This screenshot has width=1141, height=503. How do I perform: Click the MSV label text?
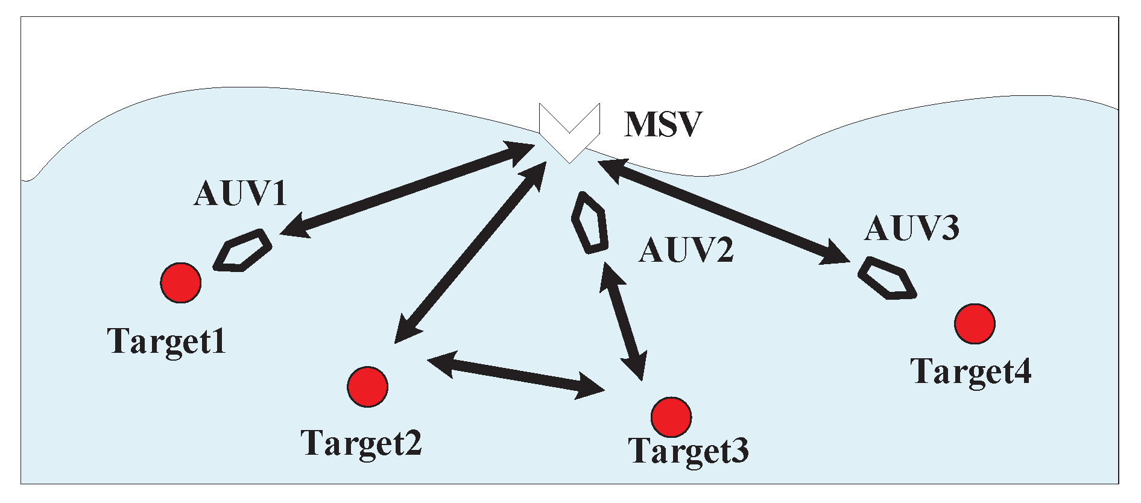663,124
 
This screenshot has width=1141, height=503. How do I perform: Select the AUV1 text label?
240,194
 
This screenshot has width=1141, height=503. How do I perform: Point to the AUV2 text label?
686,250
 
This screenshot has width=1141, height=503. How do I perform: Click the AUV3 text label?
911,228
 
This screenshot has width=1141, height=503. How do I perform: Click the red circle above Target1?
181,282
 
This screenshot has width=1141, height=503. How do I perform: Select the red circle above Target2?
367,387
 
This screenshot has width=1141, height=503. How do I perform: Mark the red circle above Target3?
671,417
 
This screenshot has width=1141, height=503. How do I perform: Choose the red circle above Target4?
975,324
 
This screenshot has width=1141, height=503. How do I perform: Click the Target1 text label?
167,342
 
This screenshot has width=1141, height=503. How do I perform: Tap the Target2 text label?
361,444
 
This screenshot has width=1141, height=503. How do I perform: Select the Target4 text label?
970,372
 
